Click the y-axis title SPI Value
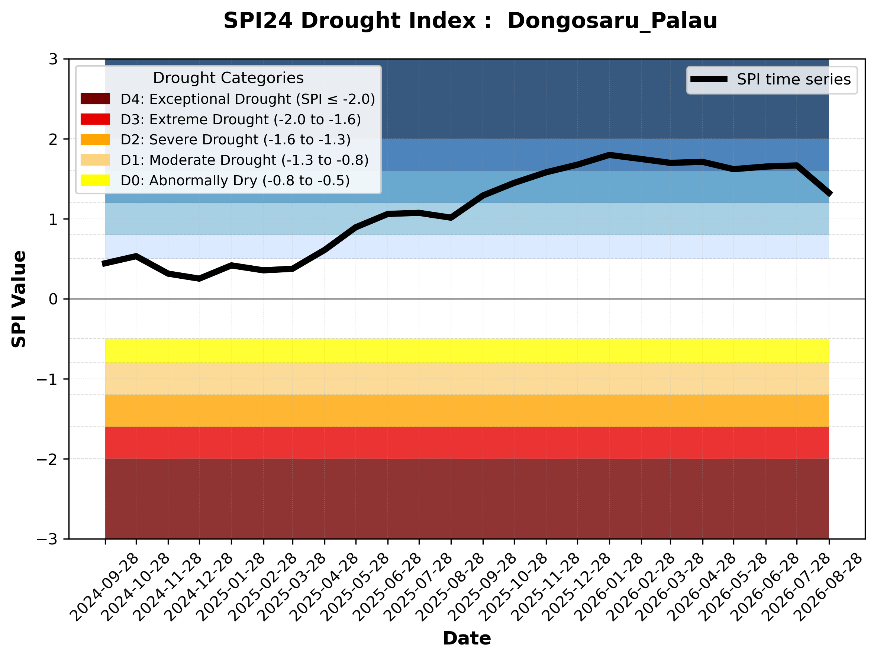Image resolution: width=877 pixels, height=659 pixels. click(x=19, y=299)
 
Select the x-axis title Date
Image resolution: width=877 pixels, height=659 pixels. click(x=467, y=639)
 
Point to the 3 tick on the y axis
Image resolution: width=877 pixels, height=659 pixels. click(x=53, y=59)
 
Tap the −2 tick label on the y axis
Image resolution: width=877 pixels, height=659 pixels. click(x=47, y=459)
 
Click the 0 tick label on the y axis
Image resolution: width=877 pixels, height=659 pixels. click(x=53, y=299)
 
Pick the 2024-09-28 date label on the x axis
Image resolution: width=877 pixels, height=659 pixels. click(x=104, y=587)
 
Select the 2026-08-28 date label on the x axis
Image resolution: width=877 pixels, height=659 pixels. click(x=828, y=587)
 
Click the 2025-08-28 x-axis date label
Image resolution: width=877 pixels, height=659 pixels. click(x=449, y=587)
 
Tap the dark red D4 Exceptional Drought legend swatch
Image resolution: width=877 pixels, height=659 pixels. click(x=95, y=99)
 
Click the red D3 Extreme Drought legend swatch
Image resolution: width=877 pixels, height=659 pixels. click(x=95, y=119)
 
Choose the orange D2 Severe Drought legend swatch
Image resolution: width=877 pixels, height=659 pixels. click(x=95, y=140)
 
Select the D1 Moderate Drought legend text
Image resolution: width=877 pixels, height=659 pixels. click(x=245, y=160)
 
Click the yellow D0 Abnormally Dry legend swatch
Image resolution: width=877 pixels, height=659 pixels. click(x=95, y=180)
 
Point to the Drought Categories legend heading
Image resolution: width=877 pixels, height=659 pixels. click(x=228, y=78)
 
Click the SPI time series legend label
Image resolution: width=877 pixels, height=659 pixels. click(x=794, y=79)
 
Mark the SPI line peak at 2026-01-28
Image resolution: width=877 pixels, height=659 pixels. click(x=609, y=155)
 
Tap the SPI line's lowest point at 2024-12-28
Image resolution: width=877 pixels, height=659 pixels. click(x=199, y=278)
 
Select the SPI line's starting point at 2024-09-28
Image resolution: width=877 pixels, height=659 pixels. click(x=104, y=263)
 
